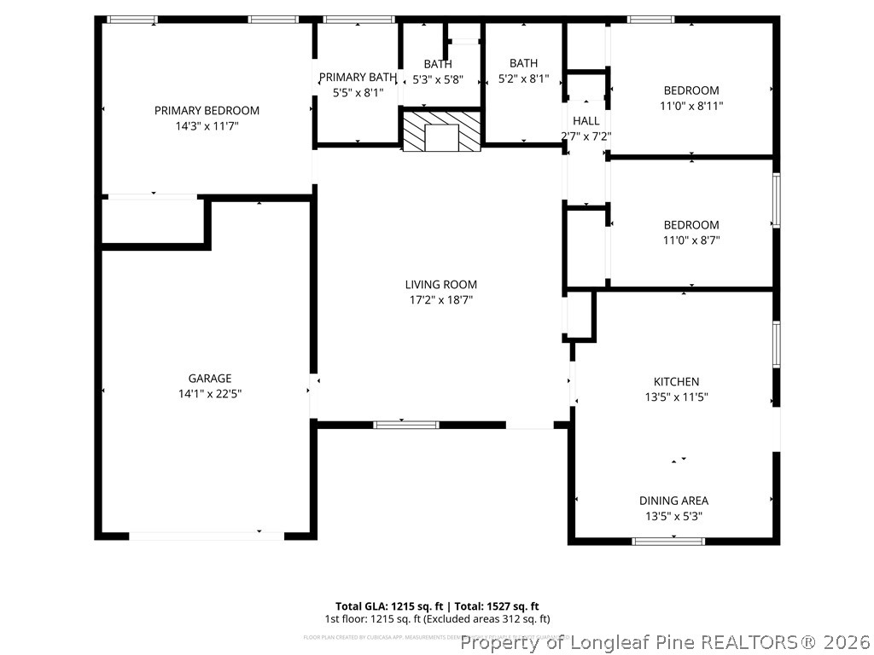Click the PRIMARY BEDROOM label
click(x=207, y=110)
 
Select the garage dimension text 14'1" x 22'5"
click(x=210, y=394)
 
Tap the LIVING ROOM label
click(x=440, y=284)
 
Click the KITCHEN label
click(x=676, y=381)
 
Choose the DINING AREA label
click(x=673, y=501)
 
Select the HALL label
click(x=586, y=121)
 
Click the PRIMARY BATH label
click(x=358, y=77)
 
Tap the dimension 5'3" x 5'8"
click(x=438, y=79)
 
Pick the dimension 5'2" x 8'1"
click(x=523, y=78)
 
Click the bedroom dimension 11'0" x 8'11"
click(x=691, y=106)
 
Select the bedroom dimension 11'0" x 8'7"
click(x=691, y=241)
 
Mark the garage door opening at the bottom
click(x=207, y=536)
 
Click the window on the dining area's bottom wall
click(x=668, y=541)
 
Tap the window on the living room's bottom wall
click(x=406, y=424)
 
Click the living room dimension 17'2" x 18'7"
click(x=440, y=299)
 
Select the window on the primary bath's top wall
click(x=359, y=19)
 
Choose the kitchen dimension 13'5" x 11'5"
click(x=676, y=397)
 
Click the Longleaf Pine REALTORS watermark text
click(x=666, y=641)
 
